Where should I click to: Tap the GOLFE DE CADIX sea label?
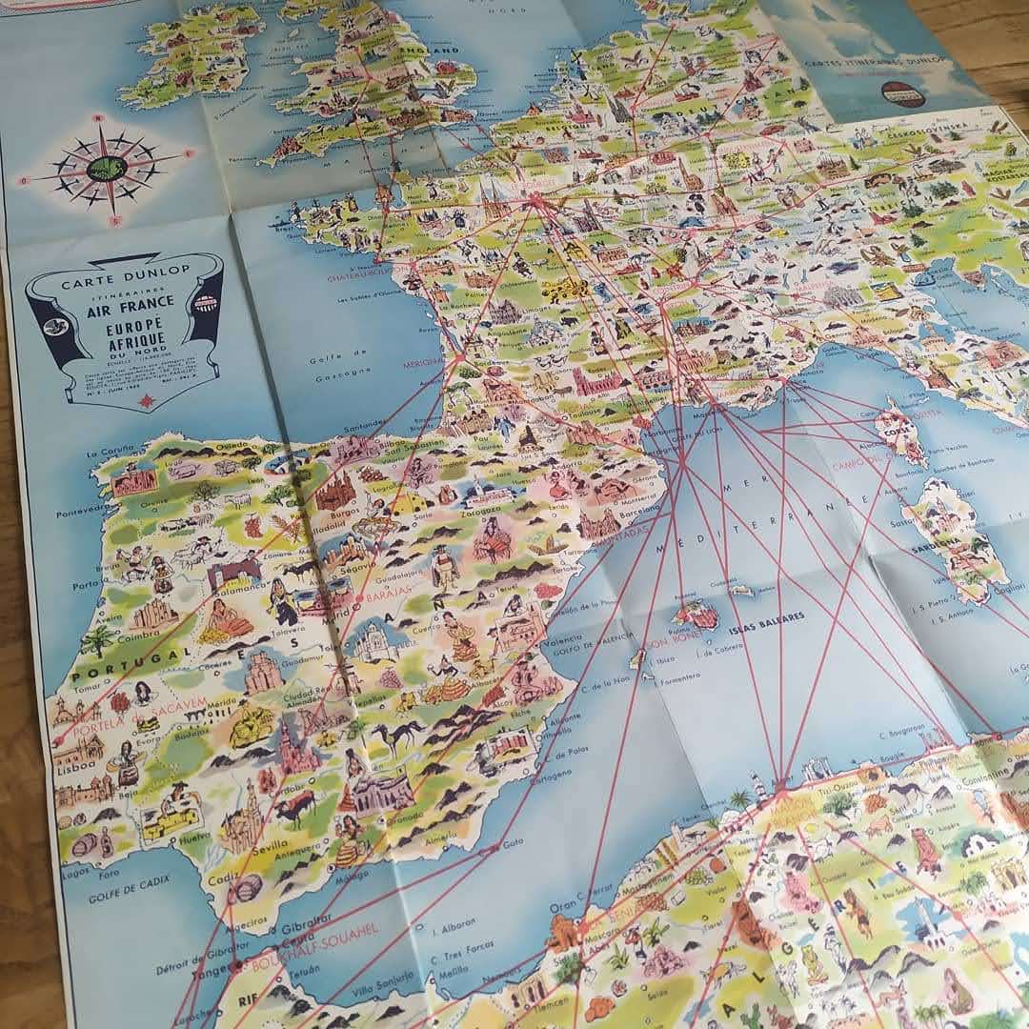pos(129,896)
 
